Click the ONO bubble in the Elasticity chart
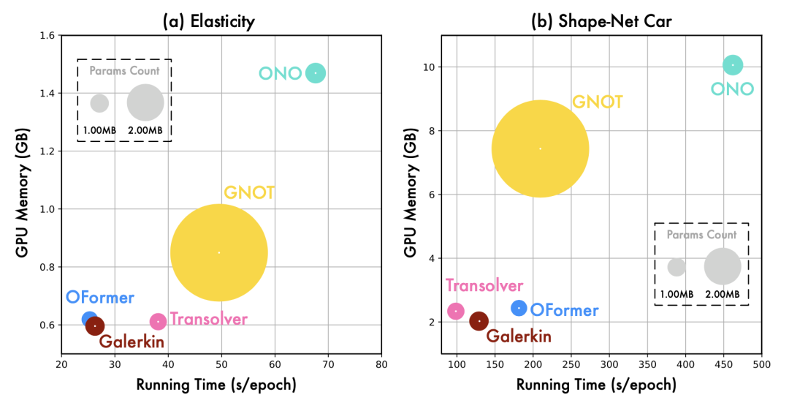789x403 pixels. pos(315,73)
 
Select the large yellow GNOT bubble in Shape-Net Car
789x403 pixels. pos(540,148)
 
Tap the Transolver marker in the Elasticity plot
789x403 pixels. pos(158,322)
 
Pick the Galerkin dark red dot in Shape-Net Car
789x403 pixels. pos(479,321)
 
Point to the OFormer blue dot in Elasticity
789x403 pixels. pos(89,320)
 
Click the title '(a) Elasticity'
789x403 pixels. pos(208,21)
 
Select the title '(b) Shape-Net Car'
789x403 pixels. pos(601,21)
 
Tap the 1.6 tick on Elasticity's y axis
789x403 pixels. pos(48,35)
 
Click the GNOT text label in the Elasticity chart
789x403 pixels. pos(249,193)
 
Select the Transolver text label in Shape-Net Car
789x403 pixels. pos(484,286)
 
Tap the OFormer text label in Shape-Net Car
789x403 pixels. pos(564,310)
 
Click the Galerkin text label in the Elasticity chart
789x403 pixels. pos(131,342)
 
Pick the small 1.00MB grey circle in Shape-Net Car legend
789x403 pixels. pos(676,267)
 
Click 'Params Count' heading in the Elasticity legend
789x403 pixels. pos(124,71)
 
